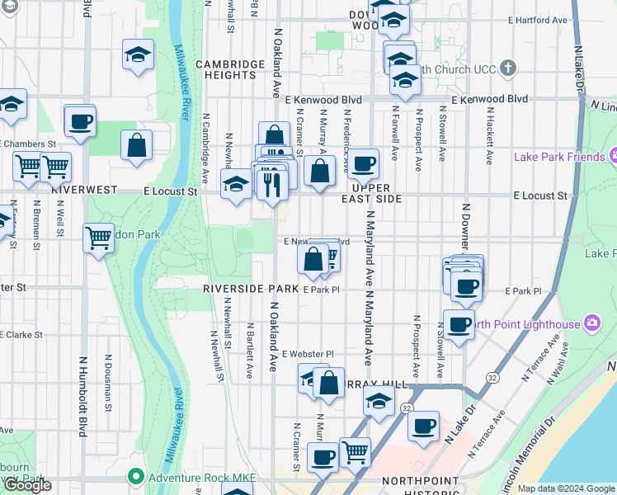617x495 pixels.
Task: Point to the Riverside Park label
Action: tap(252, 289)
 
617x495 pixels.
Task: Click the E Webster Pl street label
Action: tap(307, 354)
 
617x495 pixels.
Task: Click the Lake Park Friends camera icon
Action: tap(614, 156)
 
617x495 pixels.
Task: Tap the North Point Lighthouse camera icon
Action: tap(591, 324)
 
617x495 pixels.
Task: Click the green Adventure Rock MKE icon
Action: tap(134, 477)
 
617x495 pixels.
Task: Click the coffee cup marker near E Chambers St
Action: tap(80, 120)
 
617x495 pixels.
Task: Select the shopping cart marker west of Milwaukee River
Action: tap(98, 238)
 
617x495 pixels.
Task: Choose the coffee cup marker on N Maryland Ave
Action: tap(362, 163)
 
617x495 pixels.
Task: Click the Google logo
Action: tap(27, 486)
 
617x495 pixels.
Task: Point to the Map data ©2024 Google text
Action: tap(567, 489)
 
